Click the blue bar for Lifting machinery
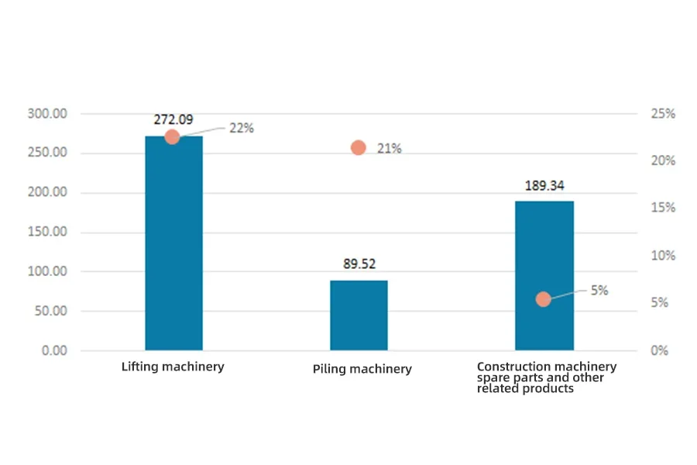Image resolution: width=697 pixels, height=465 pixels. (173, 244)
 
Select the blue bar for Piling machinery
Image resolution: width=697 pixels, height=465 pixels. (359, 315)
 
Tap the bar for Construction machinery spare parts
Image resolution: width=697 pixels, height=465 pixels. (544, 275)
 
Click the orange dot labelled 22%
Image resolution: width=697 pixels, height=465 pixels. (172, 137)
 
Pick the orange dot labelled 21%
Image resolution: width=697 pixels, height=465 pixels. (358, 148)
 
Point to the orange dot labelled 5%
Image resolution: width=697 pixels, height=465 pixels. (544, 299)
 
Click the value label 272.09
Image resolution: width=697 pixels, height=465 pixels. (173, 120)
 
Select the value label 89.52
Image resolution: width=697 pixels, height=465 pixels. (359, 264)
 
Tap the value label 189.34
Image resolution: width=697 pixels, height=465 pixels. (544, 185)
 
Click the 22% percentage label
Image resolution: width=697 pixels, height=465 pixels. (241, 129)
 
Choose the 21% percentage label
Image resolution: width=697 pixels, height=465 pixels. (389, 149)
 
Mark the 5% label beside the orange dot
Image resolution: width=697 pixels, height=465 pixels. (599, 291)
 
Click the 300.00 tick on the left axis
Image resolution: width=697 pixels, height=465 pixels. (47, 114)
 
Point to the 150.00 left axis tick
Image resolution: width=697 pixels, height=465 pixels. (47, 232)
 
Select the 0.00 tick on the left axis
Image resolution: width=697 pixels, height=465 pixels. (53, 350)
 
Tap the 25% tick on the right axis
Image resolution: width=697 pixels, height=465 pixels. (662, 114)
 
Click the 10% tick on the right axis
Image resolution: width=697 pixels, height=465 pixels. (662, 256)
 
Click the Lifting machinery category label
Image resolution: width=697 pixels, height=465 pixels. (173, 367)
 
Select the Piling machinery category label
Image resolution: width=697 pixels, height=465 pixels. (362, 369)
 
